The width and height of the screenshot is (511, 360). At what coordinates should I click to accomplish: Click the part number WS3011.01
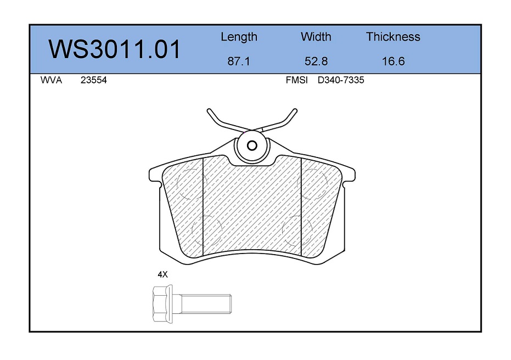tap(114, 49)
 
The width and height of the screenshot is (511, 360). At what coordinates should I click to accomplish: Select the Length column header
tap(239, 37)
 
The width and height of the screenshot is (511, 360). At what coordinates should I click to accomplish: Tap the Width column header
tap(316, 36)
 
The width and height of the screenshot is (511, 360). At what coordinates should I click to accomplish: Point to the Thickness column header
tap(393, 36)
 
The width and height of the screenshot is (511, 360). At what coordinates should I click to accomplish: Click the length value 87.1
tap(239, 61)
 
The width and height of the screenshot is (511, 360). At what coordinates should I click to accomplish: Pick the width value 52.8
tap(316, 61)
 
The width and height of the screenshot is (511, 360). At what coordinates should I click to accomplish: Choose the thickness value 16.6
tap(394, 61)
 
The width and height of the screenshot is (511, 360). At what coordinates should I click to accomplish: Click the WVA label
tap(51, 80)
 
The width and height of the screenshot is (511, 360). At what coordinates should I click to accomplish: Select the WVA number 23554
tap(93, 80)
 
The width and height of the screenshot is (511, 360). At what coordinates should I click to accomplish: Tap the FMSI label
tap(296, 80)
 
